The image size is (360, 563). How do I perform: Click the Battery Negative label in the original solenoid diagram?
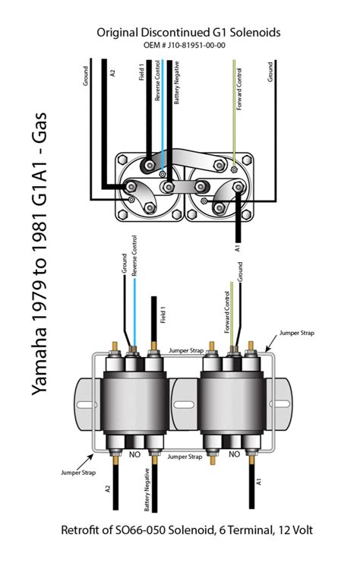point(176,83)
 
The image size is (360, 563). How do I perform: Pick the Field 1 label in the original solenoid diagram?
point(142,72)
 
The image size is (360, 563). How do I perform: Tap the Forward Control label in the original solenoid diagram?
point(239,89)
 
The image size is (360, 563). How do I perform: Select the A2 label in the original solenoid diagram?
point(112,73)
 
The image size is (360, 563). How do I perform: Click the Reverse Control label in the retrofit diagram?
point(134,255)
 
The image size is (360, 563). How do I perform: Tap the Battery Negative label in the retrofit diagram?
point(147,490)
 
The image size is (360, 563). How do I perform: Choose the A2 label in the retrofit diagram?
point(109,489)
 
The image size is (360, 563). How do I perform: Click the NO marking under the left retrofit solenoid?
point(134,454)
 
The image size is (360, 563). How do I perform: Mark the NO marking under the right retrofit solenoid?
point(234,454)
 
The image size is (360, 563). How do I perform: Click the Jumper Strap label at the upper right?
point(297,333)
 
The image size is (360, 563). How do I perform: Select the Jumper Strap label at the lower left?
point(78,473)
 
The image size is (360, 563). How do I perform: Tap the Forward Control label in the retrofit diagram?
point(227,312)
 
